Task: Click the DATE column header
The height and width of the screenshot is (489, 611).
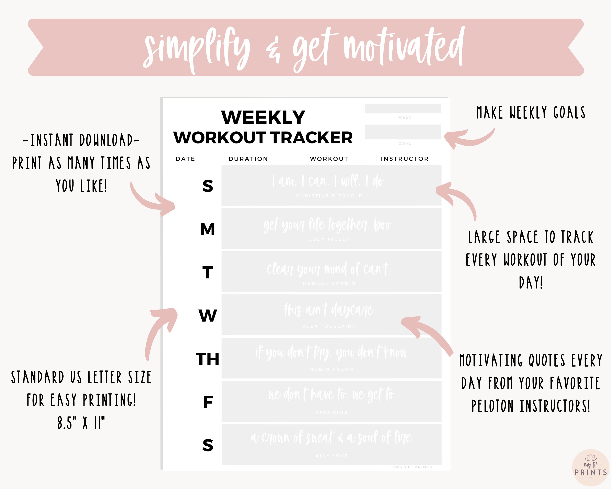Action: tap(185, 159)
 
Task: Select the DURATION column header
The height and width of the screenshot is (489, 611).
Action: tap(248, 159)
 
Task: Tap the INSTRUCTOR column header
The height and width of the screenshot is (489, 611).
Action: tap(405, 159)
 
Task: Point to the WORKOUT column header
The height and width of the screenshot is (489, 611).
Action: tap(329, 159)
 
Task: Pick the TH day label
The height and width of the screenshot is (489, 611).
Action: tap(208, 359)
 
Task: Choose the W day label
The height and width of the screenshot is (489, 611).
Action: tap(208, 316)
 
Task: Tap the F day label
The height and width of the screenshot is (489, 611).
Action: tap(208, 402)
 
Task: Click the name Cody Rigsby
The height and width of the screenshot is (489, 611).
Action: tap(329, 239)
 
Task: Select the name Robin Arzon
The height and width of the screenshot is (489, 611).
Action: tap(332, 369)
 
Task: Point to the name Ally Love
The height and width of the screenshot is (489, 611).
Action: tap(332, 456)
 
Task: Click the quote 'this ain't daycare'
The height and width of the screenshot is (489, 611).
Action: tap(329, 310)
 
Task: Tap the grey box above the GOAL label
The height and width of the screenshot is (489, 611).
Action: tap(403, 132)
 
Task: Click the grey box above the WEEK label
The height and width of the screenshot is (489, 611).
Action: tap(403, 108)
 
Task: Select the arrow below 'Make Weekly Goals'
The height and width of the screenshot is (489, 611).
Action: tap(469, 138)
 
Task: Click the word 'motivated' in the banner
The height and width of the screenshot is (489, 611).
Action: tap(404, 47)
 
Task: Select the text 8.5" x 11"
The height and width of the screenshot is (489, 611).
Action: tap(81, 423)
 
